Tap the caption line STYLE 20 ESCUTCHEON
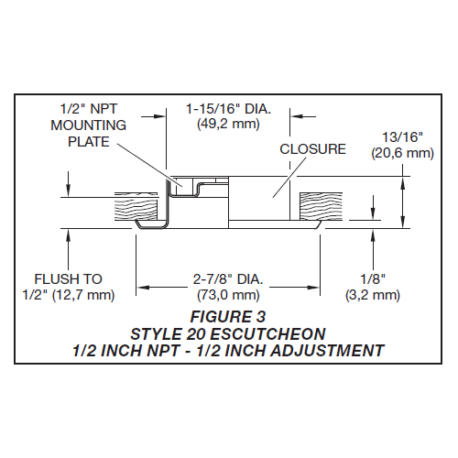point(229,334)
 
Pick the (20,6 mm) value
point(402,154)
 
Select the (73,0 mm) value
point(228,295)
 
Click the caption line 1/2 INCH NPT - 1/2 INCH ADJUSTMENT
point(229,350)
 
